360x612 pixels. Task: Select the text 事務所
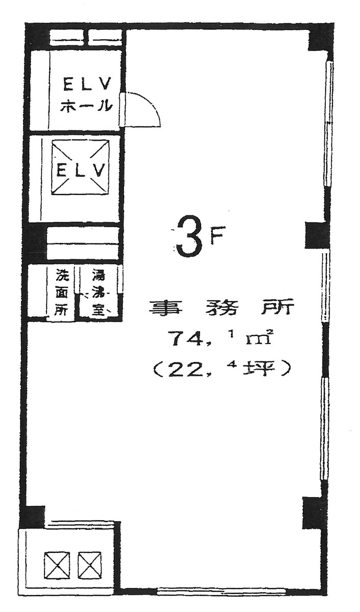coord(221,308)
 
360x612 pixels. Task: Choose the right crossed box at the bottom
coord(89,566)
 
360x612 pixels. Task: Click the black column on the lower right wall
coord(314,512)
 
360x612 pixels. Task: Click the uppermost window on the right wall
coord(329,125)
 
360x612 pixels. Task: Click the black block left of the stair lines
coord(36,242)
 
